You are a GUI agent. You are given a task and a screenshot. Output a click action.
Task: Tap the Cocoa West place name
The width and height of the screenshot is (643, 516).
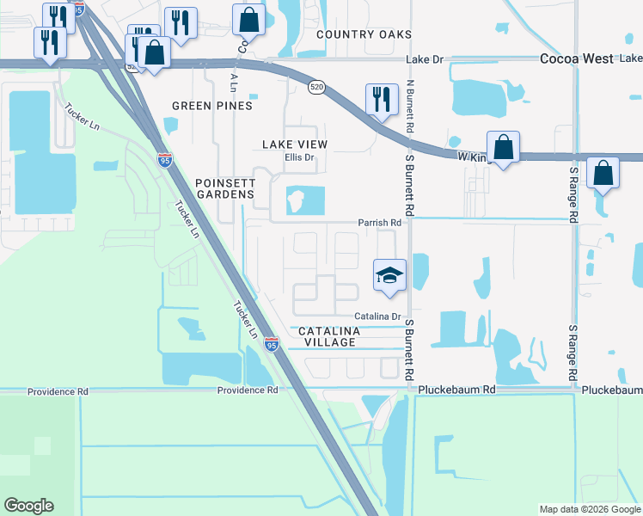[576, 59]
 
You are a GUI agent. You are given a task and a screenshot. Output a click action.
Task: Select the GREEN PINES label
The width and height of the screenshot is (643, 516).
[212, 106]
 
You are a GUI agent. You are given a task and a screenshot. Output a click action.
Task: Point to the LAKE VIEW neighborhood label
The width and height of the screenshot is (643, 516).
[295, 144]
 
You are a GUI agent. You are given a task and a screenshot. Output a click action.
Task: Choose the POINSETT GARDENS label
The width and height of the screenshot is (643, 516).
[225, 188]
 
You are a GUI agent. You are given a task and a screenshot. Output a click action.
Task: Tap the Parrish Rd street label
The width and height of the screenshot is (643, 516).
[381, 223]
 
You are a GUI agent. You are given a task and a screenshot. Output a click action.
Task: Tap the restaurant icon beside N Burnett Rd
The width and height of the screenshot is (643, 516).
[379, 99]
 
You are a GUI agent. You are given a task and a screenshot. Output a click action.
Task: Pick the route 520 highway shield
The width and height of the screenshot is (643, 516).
[316, 88]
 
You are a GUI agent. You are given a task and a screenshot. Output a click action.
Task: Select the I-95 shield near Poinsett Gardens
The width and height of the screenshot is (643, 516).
[165, 160]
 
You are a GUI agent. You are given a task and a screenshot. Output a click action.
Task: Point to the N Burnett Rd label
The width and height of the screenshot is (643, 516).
[410, 107]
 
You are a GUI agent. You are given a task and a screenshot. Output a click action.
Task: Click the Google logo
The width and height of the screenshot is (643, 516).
[28, 506]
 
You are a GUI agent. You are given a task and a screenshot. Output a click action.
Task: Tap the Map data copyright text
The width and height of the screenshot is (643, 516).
[590, 509]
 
